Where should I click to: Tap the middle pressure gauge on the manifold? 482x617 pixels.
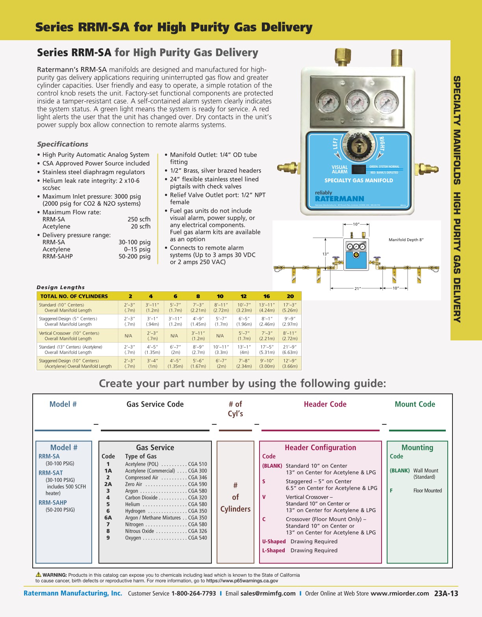[x=358, y=102]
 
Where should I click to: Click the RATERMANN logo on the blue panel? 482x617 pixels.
[x=339, y=199]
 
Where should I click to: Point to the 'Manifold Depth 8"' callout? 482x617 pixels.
[x=406, y=240]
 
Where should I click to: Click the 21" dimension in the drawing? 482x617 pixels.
[x=357, y=288]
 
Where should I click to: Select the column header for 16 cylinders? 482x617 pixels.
[x=267, y=296]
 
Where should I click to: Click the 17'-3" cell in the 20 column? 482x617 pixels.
[x=290, y=307]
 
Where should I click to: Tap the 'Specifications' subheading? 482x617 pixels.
[x=63, y=144]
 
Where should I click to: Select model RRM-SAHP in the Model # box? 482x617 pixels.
[x=53, y=503]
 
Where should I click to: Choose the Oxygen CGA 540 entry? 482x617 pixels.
[x=165, y=538]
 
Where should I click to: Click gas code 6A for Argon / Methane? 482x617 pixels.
[x=108, y=518]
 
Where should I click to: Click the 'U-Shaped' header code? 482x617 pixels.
[x=274, y=541]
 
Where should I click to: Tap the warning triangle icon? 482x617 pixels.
[x=39, y=574]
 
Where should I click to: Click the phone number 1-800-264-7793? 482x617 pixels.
[x=193, y=593]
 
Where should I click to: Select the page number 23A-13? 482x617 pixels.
[x=446, y=593]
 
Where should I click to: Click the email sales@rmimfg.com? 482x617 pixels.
[x=268, y=593]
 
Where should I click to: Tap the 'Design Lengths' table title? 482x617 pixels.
[x=61, y=287]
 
